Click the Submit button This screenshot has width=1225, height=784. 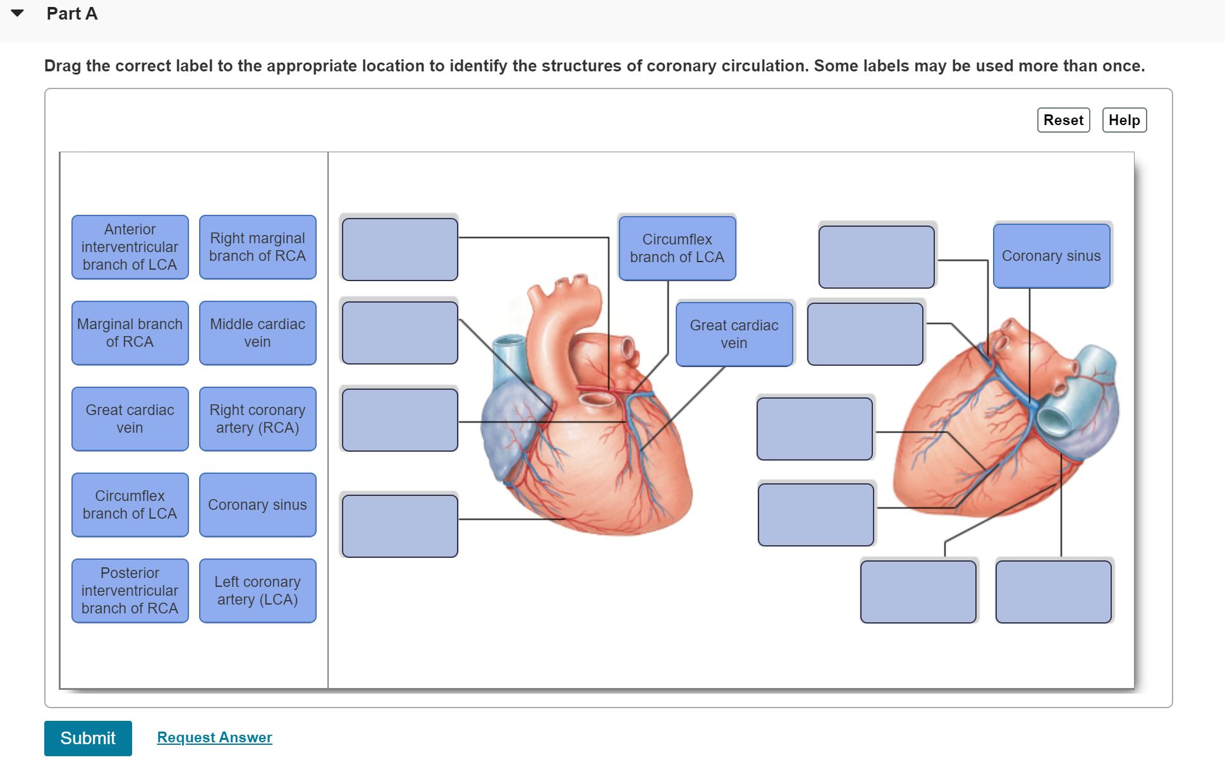tap(88, 738)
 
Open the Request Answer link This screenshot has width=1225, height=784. tap(214, 737)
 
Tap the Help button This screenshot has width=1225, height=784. tap(1124, 120)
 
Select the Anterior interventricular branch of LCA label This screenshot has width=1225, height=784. tap(130, 247)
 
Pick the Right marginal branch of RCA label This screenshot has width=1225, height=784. tap(258, 247)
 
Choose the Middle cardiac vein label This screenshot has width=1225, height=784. tap(258, 333)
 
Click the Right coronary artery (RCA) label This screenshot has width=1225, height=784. tap(258, 419)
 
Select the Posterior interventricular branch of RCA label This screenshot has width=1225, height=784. tap(130, 591)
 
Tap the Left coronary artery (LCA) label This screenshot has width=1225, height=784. tap(258, 591)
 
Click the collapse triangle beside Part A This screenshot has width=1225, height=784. tap(18, 13)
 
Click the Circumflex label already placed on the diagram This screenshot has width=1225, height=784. tap(677, 248)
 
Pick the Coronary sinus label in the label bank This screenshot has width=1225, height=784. tap(258, 505)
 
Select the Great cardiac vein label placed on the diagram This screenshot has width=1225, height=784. tap(734, 334)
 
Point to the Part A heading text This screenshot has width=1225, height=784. tap(72, 14)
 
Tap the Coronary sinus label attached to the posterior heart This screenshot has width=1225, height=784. tap(1051, 256)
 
